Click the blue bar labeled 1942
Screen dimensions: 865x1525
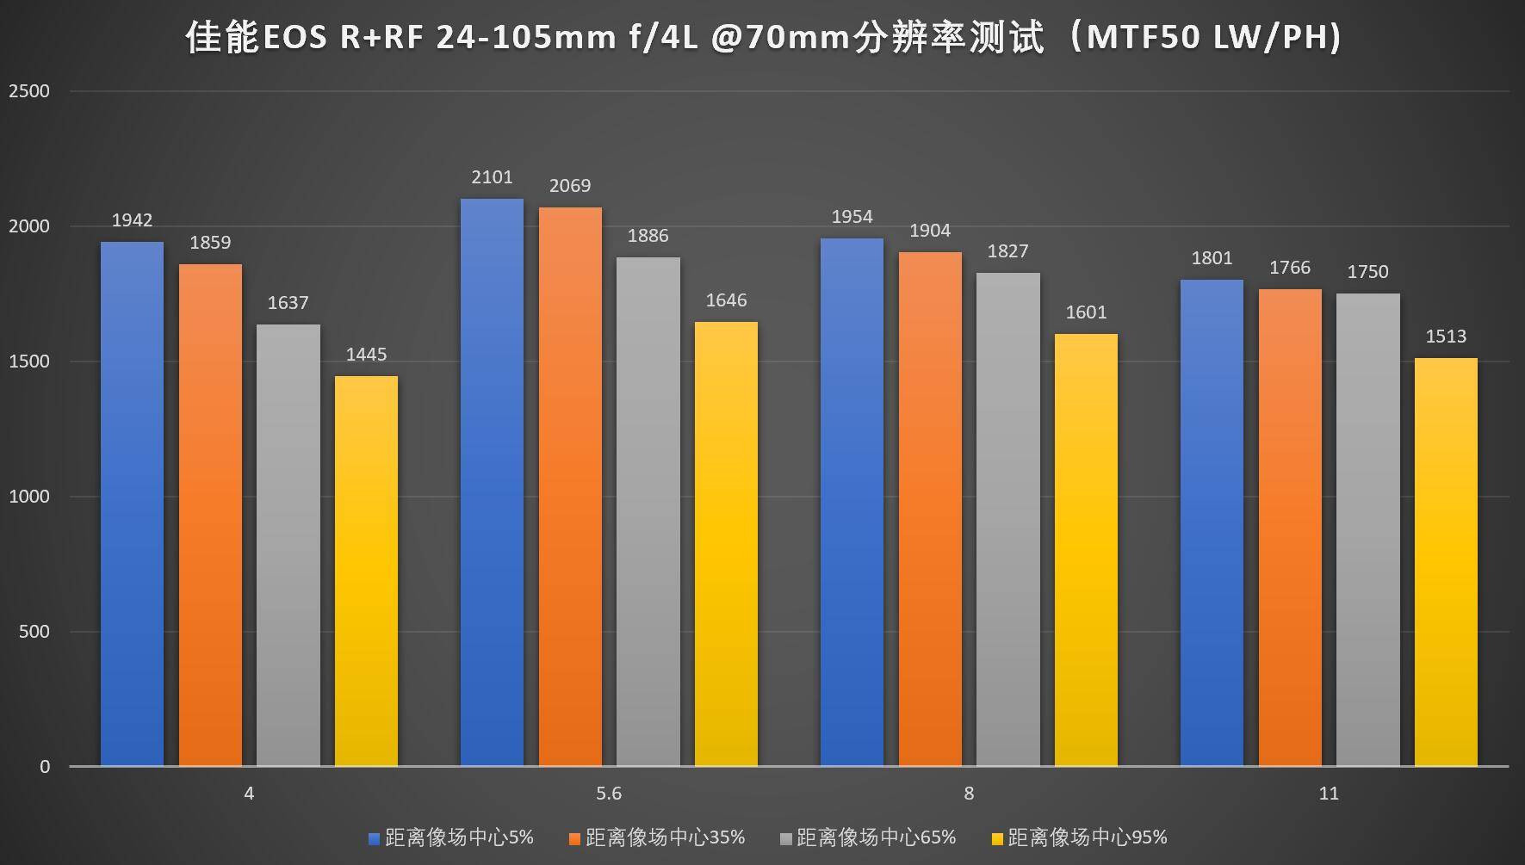point(132,504)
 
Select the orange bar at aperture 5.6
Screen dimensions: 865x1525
point(570,486)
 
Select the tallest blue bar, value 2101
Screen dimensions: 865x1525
point(492,482)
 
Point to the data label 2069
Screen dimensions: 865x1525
point(570,186)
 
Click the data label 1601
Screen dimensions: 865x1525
point(1086,312)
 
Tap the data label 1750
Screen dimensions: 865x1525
point(1367,272)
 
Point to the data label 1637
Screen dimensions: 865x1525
point(288,303)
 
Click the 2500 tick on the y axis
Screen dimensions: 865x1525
point(29,91)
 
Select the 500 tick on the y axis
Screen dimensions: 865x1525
point(34,632)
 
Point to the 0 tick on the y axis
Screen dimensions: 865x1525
point(45,767)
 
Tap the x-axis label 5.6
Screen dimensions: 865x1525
point(609,794)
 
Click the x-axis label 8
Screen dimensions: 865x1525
point(969,794)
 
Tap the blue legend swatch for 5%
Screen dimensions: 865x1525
point(374,838)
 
